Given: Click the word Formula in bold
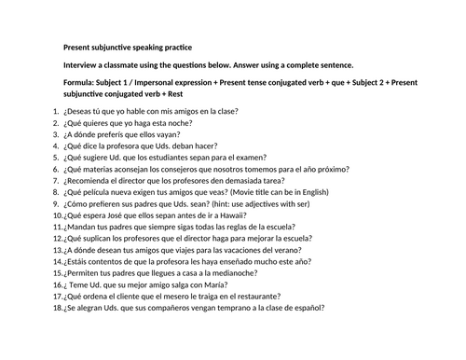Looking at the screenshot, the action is click(81, 83).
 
